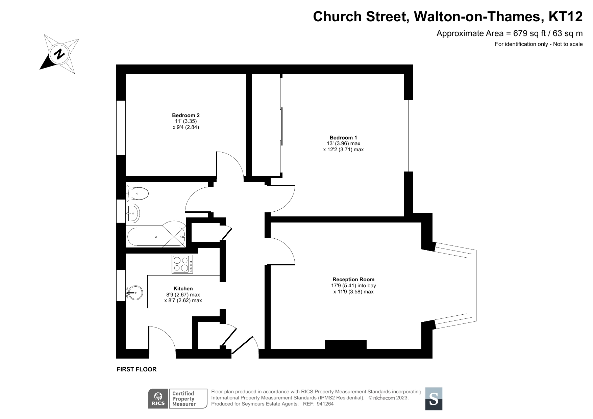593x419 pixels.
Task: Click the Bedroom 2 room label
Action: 186,115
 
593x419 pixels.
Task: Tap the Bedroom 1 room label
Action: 343,137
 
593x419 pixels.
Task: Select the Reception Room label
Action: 353,279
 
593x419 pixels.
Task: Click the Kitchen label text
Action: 183,288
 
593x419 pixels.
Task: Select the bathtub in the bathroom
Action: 156,237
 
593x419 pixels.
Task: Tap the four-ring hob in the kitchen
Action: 182,264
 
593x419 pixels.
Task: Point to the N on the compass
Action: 60,54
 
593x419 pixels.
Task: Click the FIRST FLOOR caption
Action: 137,369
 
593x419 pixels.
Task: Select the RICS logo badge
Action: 158,398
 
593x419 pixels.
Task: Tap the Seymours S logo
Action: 434,399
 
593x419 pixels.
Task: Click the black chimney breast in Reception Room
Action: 345,344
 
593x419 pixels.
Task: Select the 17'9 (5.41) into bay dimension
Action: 353,286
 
